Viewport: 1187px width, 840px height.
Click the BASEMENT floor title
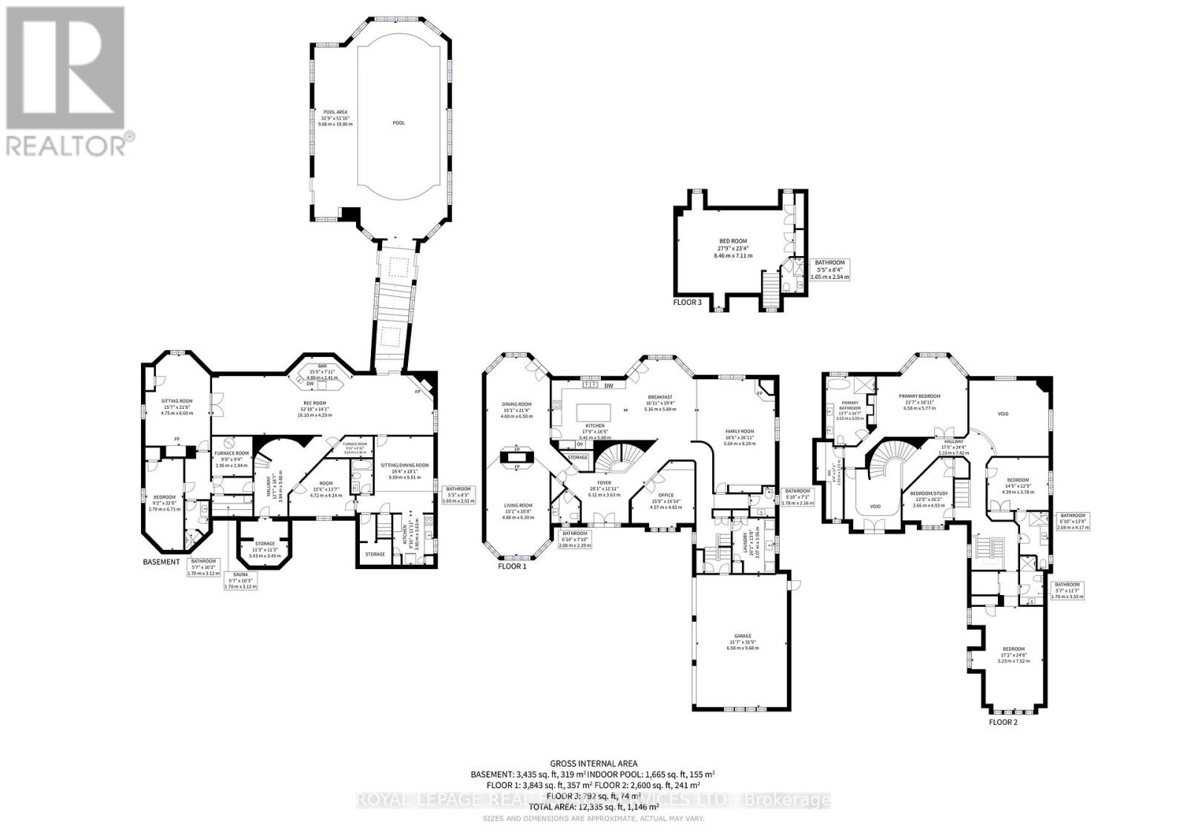coord(161,562)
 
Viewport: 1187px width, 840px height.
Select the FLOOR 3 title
coord(687,302)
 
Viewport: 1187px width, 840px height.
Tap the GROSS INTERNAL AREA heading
coord(593,763)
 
